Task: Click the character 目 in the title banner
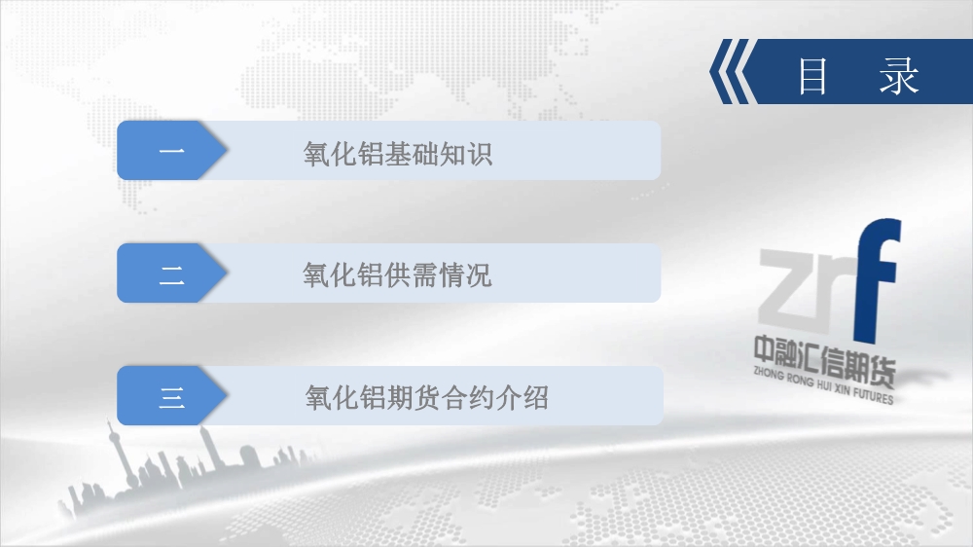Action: click(812, 76)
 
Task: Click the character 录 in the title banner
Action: click(898, 76)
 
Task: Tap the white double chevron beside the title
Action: click(733, 71)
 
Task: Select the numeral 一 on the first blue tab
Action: click(171, 151)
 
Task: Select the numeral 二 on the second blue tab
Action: click(171, 273)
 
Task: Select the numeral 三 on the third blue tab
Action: click(171, 397)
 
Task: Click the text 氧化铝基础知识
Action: click(398, 154)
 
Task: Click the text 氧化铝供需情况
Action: click(397, 275)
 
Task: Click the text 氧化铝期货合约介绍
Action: click(427, 398)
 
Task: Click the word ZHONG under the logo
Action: click(769, 374)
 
